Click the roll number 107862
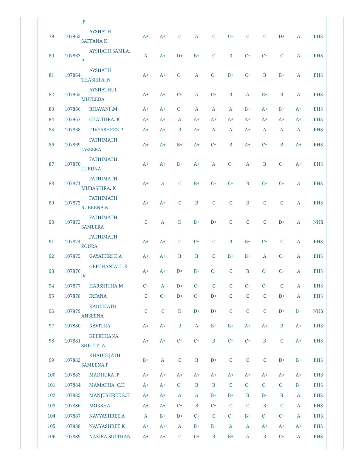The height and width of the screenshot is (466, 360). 72,36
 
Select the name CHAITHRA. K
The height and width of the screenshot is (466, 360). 104,119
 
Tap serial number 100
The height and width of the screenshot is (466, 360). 51,375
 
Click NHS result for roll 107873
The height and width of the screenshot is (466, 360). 318,222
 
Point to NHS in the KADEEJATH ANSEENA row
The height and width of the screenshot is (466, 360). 318,311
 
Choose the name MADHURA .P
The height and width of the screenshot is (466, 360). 104,375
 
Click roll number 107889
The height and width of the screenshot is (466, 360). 72,436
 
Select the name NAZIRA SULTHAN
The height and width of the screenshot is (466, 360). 110,436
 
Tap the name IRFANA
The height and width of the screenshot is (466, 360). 98,296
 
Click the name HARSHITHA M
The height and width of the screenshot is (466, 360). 106,286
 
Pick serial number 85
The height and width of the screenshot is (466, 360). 51,130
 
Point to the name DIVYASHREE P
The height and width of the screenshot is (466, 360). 106,130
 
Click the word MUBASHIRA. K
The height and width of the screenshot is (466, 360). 98,188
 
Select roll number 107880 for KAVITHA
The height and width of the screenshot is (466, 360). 72,326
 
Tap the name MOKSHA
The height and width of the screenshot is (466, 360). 100,405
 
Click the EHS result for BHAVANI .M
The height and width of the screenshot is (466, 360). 318,109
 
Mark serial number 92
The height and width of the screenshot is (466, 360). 51,256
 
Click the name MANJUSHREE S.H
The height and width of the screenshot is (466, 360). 109,395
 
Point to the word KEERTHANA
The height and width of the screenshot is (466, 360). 104,336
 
